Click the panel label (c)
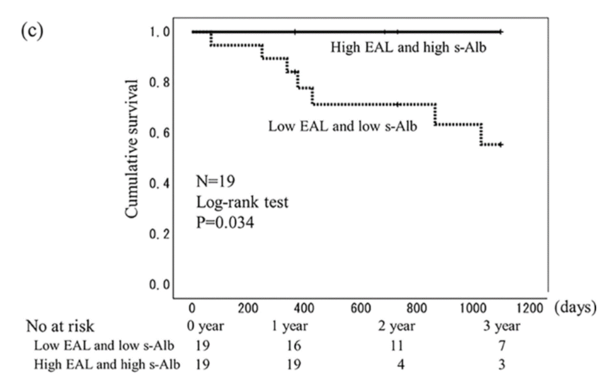(32, 30)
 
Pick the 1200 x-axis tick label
(531, 308)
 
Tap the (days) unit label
(574, 306)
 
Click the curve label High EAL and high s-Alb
(408, 48)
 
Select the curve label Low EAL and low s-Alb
(342, 126)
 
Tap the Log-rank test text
(242, 202)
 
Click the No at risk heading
(60, 326)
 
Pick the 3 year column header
(501, 326)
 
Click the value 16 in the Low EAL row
(294, 346)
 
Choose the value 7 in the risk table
(501, 346)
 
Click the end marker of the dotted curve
(500, 145)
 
